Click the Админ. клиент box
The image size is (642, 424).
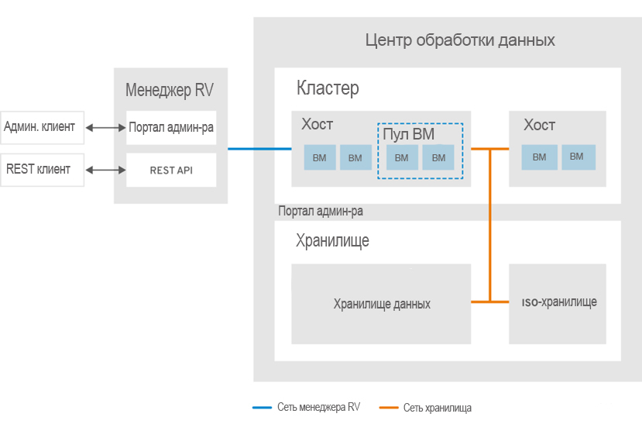[39, 127]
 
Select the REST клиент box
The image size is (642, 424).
[40, 170]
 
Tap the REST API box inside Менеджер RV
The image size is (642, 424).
[171, 170]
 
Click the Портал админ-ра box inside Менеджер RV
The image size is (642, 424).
[171, 127]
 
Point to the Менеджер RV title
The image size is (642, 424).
[170, 90]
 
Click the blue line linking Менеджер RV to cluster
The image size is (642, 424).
[259, 149]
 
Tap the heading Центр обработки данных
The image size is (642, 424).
[460, 40]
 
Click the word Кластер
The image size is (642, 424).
[328, 88]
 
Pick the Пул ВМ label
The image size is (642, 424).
[408, 134]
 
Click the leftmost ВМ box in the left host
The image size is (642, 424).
[319, 158]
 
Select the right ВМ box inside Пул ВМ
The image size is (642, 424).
[438, 158]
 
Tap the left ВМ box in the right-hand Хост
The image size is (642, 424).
[539, 157]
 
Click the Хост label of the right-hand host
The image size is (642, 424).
[539, 126]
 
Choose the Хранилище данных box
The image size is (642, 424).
[381, 304]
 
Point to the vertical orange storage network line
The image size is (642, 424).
[490, 225]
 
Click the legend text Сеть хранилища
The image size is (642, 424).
[437, 408]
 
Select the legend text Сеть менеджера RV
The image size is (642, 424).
[318, 407]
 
